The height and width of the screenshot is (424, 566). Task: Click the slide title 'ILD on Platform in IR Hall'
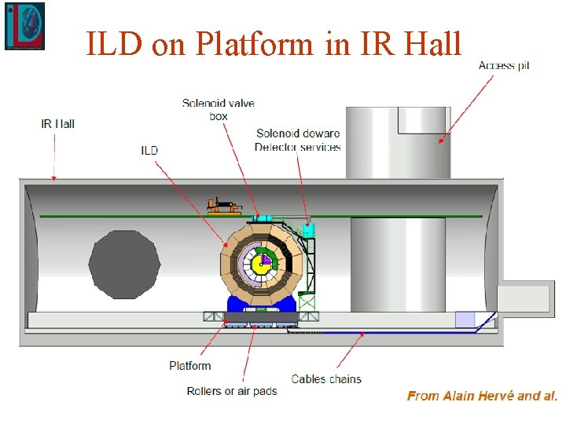(274, 44)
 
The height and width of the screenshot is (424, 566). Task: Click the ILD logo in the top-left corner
(24, 26)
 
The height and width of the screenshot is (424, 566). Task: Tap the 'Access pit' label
(504, 65)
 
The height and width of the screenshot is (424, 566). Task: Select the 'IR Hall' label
(57, 124)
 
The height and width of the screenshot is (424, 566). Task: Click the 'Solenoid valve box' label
(218, 110)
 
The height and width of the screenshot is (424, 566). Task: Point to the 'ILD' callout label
(149, 151)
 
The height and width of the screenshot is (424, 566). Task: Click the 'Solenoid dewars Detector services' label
(298, 140)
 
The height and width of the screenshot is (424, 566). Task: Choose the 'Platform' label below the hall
(190, 366)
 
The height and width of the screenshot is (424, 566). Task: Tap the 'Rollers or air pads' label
(232, 391)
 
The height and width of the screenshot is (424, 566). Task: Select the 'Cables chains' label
(326, 379)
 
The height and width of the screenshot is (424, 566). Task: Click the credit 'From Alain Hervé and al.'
(482, 396)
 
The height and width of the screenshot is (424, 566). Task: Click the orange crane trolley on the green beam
(224, 207)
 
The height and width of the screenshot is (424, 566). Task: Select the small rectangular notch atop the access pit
(424, 119)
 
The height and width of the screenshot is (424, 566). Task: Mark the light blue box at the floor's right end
(465, 320)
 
